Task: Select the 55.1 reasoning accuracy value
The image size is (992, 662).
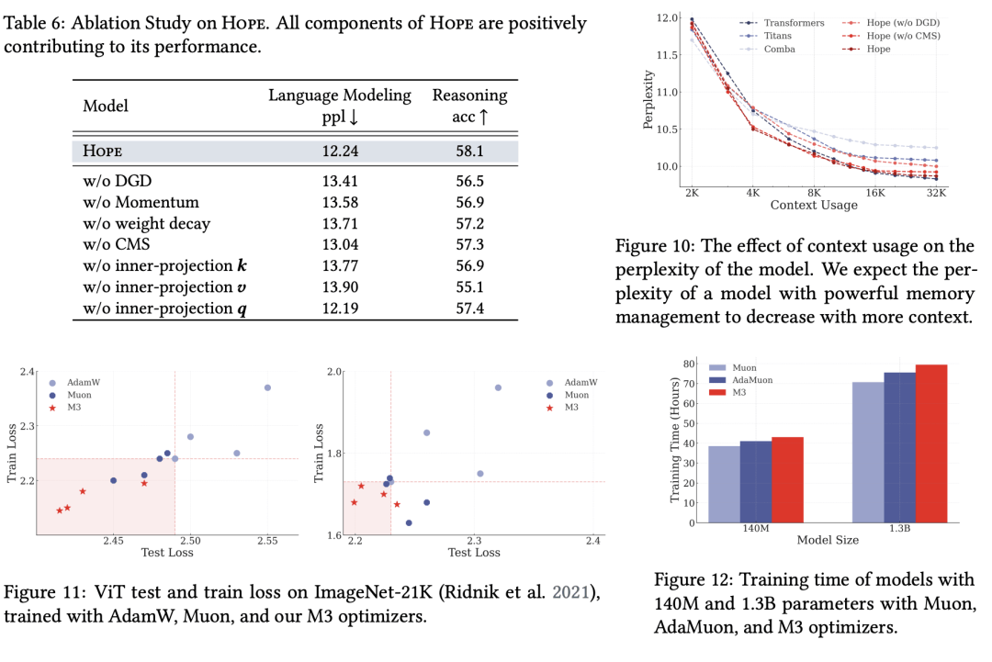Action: pos(469,287)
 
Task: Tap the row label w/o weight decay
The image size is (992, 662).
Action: pos(147,224)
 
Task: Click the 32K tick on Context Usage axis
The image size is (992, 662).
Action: pos(936,193)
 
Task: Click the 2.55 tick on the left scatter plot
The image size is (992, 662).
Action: pos(267,541)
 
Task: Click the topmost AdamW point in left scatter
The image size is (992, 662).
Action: pos(267,387)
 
